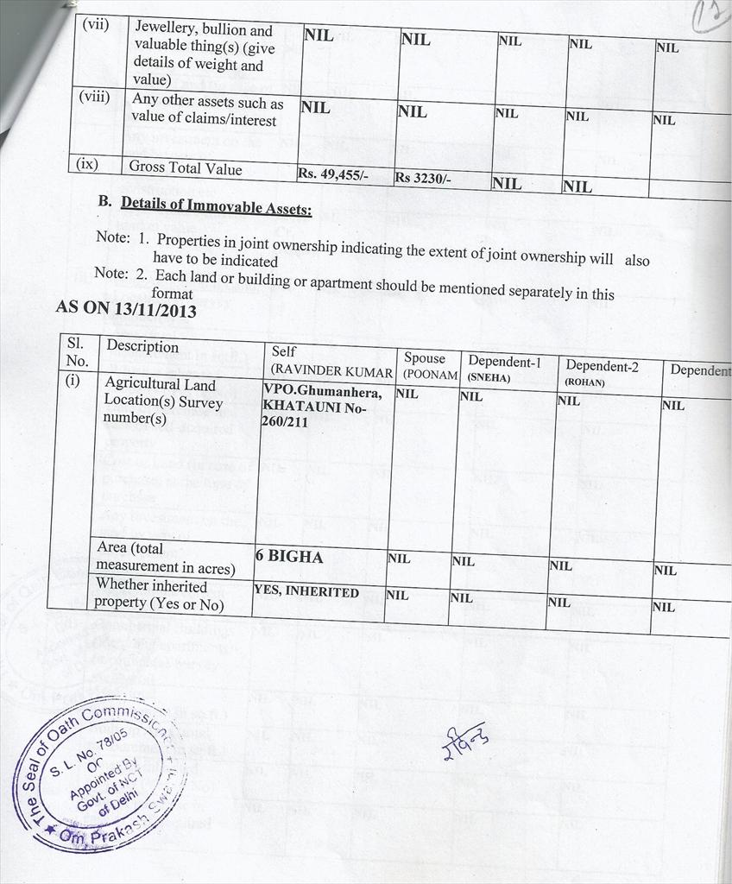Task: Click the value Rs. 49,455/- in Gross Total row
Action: [333, 174]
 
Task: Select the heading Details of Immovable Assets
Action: [216, 205]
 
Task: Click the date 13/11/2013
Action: [158, 309]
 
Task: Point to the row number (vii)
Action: [95, 25]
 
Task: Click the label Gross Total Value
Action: [186, 168]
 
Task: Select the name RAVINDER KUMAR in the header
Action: [332, 371]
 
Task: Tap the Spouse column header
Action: [425, 358]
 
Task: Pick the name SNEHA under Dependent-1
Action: [489, 377]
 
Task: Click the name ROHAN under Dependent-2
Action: [585, 382]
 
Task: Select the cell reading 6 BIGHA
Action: [289, 557]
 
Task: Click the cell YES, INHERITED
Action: [306, 592]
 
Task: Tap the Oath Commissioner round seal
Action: [101, 774]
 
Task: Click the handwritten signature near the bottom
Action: [464, 740]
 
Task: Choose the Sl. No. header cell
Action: [77, 351]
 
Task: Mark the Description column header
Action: [142, 347]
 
